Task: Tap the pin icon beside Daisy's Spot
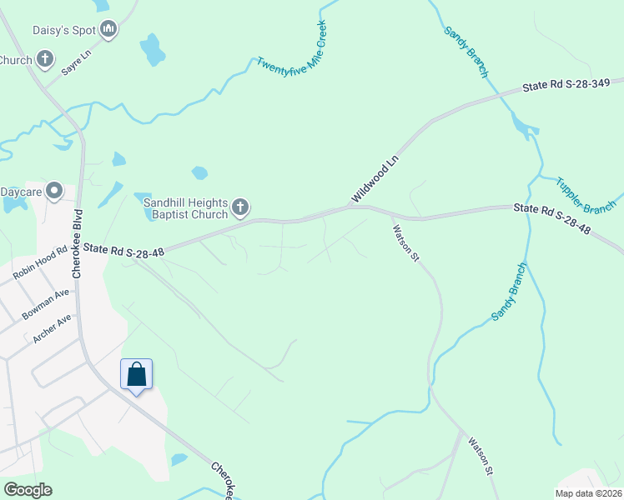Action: pyautogui.click(x=108, y=31)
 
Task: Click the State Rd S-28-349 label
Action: pyautogui.click(x=572, y=84)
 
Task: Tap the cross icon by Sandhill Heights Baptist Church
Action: pyautogui.click(x=240, y=207)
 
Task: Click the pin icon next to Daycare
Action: pyautogui.click(x=55, y=192)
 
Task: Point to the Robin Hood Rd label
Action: pyautogui.click(x=38, y=263)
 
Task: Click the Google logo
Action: pyautogui.click(x=28, y=490)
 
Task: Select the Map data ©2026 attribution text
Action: pyautogui.click(x=588, y=493)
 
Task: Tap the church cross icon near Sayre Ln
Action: pyautogui.click(x=44, y=59)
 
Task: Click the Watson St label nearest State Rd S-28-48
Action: pyautogui.click(x=405, y=240)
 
